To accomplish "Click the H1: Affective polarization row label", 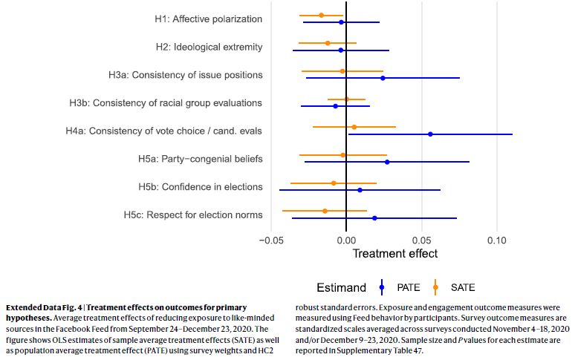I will pos(203,19).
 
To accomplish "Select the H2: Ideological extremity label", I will pos(209,48).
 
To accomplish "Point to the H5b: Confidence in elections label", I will pos(200,186).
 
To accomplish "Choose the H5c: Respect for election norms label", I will pos(193,215).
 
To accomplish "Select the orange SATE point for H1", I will pos(321,15).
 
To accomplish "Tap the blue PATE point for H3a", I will pos(383,78).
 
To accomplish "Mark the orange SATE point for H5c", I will pos(325,211).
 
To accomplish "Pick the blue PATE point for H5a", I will pos(387,162).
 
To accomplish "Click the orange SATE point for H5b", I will pos(334,183).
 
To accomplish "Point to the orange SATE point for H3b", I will pos(346,99).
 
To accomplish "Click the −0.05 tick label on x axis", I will pos(272,240).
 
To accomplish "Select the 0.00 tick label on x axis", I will pos(347,240).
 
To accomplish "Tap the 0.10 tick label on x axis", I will pos(496,240).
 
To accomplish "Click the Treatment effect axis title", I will pos(394,254).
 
